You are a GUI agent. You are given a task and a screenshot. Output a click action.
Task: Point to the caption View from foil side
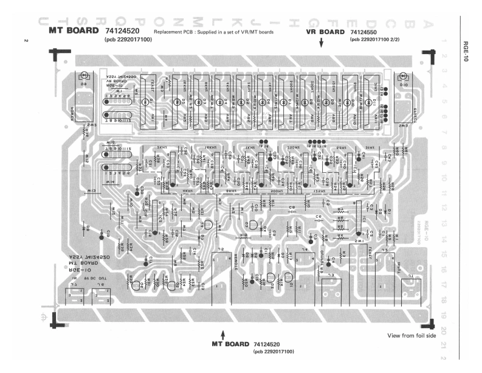click(410, 336)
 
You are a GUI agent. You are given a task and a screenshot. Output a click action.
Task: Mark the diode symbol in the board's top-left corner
click(84, 77)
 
